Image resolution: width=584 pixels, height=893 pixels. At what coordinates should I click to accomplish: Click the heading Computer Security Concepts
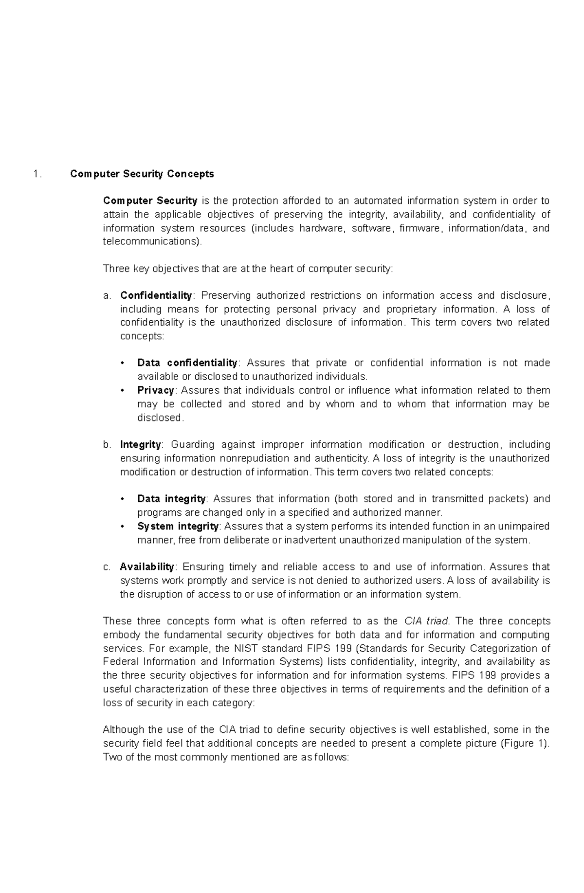[x=142, y=174]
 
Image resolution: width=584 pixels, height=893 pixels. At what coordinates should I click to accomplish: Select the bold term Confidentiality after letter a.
[x=156, y=295]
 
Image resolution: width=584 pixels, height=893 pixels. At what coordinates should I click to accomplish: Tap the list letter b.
[x=107, y=444]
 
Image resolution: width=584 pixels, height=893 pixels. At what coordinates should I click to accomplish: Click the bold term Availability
[x=147, y=566]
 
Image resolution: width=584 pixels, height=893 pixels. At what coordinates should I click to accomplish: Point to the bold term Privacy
[x=156, y=390]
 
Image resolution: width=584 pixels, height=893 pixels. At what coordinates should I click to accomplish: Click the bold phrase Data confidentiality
[x=187, y=363]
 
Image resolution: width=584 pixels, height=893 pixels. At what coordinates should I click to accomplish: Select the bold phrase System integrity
[x=178, y=526]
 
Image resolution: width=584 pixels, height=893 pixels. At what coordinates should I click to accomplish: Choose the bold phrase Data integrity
[x=172, y=499]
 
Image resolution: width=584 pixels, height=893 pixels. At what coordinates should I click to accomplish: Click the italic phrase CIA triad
[x=426, y=621]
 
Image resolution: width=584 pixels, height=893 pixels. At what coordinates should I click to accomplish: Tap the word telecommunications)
[x=152, y=241]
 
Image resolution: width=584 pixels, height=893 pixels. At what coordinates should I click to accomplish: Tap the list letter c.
[x=107, y=566]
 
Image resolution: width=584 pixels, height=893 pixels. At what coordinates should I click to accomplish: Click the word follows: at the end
[x=331, y=757]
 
